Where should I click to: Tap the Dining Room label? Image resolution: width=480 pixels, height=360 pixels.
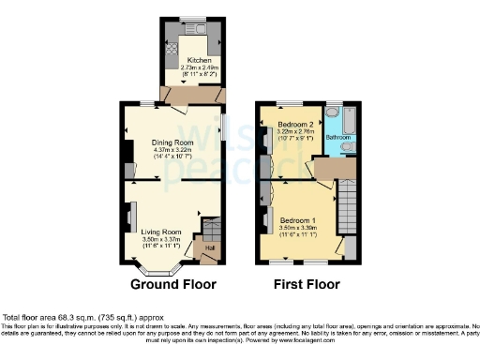171,142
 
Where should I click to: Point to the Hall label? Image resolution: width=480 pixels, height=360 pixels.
209,247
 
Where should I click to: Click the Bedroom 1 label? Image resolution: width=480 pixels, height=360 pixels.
299,219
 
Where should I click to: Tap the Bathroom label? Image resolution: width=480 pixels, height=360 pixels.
337,137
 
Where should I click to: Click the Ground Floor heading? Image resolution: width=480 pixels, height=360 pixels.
172,284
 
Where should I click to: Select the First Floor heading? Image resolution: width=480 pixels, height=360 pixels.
306,284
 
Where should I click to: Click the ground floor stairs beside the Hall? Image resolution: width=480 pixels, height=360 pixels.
210,229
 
